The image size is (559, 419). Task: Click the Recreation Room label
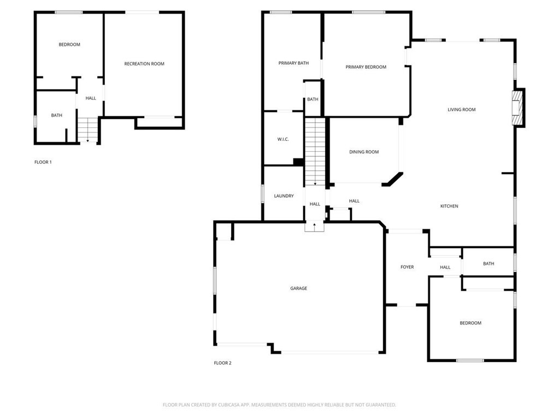(144, 64)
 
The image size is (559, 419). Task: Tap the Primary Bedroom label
(366, 67)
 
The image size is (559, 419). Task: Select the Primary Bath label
(293, 63)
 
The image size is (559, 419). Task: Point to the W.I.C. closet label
(283, 139)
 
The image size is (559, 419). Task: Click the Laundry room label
(284, 196)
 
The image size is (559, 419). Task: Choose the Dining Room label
(364, 152)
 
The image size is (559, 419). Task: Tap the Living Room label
(461, 110)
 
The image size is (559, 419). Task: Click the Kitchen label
(449, 206)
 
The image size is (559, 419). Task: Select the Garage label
(298, 288)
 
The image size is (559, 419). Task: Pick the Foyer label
(407, 267)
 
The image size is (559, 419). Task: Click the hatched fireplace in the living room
(516, 108)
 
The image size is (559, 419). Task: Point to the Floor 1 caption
(43, 162)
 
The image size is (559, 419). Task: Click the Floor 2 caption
(222, 363)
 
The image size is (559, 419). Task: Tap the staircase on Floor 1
(87, 130)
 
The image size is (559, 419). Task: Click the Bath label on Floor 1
(57, 115)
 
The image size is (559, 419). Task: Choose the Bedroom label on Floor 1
(69, 45)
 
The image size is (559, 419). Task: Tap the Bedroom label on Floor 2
(470, 323)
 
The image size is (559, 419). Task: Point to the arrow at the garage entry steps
(314, 225)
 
